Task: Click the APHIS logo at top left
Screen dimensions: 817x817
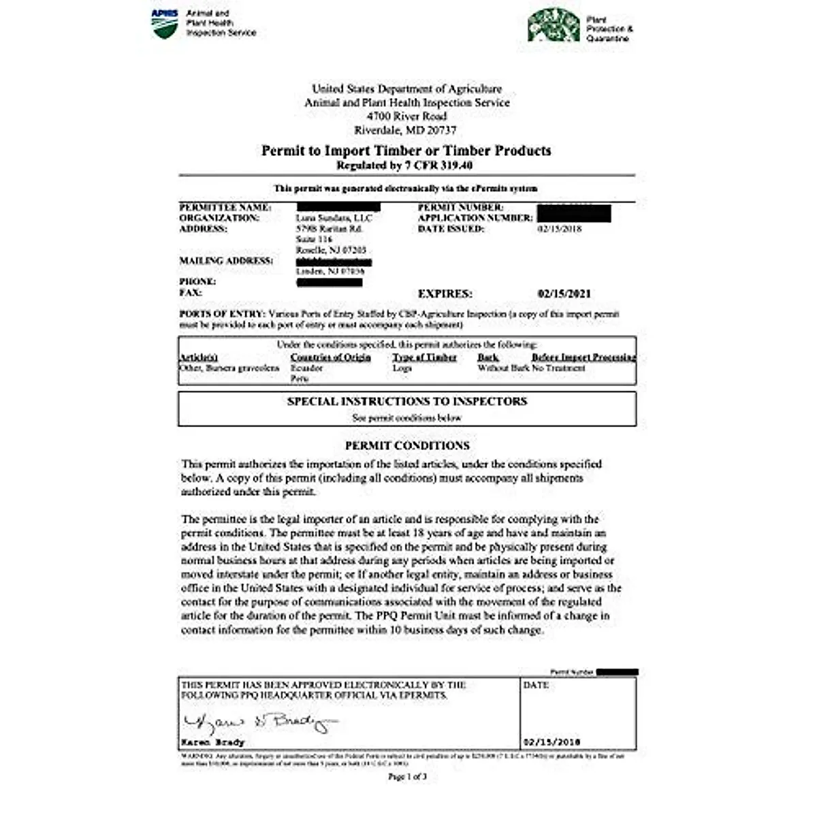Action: [165, 23]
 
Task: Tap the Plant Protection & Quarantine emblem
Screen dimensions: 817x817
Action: [554, 25]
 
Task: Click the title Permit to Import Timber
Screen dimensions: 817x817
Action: [406, 150]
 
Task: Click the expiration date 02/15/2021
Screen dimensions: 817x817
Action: [564, 294]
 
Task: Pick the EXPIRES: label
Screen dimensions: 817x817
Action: [445, 294]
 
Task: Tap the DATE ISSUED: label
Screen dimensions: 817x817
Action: [451, 229]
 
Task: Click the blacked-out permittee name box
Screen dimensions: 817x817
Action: [338, 207]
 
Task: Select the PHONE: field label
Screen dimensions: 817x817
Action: [197, 282]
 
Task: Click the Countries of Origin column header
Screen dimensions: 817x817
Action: [330, 357]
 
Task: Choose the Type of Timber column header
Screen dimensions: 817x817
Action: [424, 357]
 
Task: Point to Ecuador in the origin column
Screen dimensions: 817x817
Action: [306, 368]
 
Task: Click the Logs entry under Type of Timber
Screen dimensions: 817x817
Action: [402, 368]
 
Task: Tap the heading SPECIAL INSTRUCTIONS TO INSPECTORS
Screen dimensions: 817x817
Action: [406, 402]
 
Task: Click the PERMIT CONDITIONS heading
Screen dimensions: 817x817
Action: [406, 446]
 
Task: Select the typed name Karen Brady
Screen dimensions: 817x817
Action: [212, 743]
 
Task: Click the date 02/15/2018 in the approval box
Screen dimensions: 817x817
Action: [551, 743]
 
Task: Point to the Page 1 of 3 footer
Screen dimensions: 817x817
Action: [407, 777]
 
